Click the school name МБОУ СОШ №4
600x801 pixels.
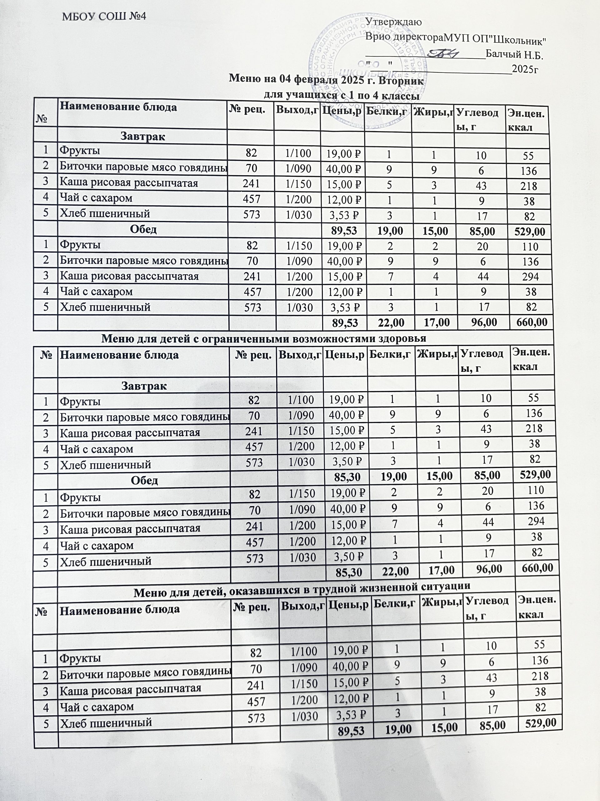104,16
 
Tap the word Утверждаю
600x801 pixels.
393,22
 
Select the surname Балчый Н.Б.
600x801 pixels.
515,55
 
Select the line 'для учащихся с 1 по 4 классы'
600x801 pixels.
342,96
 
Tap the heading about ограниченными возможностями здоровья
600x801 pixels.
264,338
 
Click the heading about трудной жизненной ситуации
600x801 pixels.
302,594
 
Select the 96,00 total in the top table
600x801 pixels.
483,322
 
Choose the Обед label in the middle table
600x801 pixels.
144,480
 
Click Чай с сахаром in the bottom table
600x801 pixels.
97,707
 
